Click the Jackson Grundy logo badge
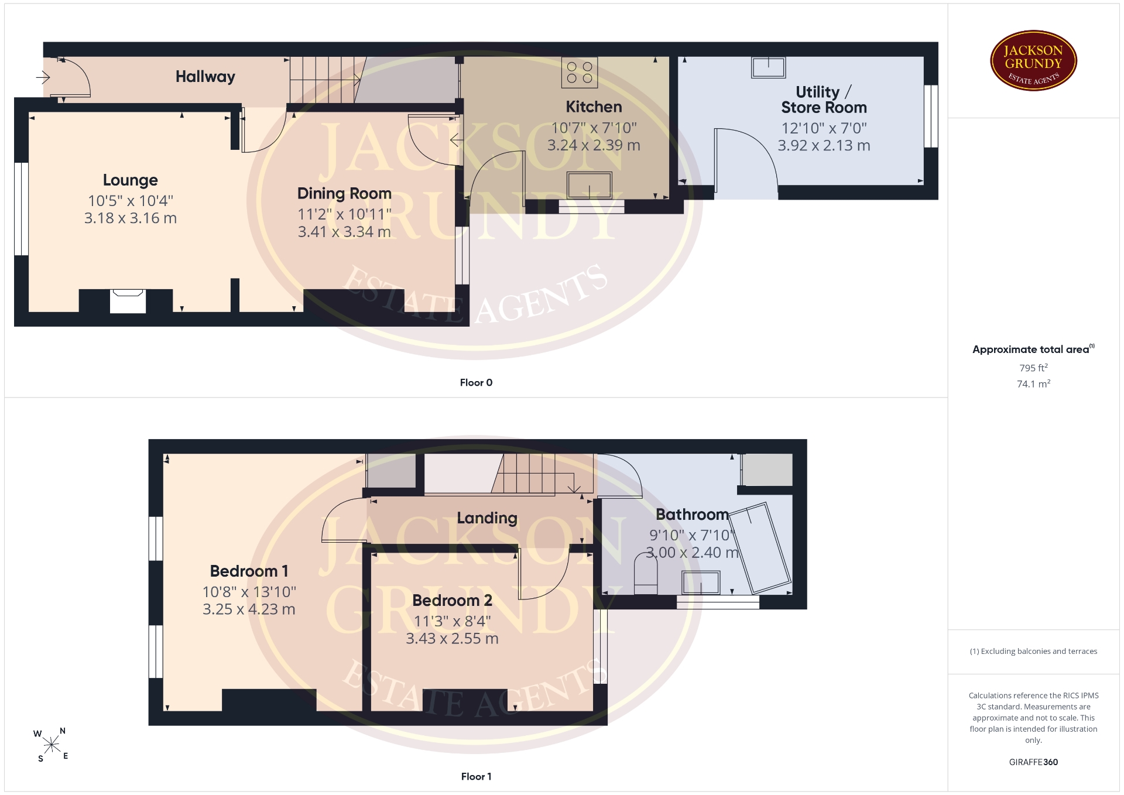click(1033, 60)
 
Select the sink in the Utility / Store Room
click(769, 67)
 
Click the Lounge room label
click(131, 180)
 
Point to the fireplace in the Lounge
click(128, 300)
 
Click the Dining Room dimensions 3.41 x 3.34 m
click(344, 232)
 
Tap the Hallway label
click(205, 77)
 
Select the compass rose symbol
click(52, 745)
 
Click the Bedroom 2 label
click(453, 601)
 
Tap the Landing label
click(487, 518)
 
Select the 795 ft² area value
click(1033, 368)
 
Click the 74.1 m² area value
click(1033, 384)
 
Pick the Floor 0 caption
click(476, 382)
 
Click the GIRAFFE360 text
click(1033, 762)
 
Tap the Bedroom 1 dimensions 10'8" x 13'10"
click(249, 592)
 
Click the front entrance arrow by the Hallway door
click(43, 77)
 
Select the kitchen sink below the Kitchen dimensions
click(589, 185)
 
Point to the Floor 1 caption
click(476, 776)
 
